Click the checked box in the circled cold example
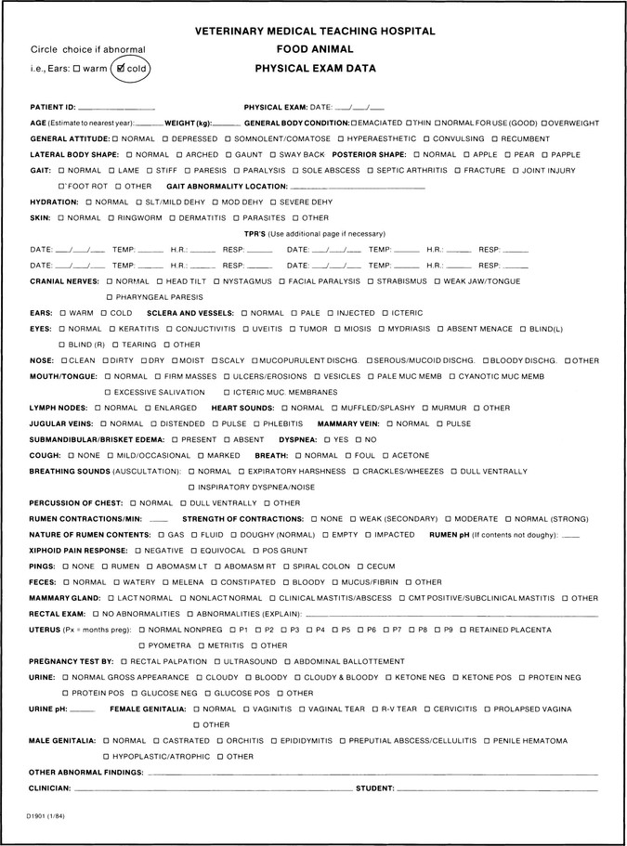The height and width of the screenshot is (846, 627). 121,67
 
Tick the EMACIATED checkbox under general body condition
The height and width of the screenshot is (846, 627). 356,123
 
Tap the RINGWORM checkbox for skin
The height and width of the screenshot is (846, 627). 111,217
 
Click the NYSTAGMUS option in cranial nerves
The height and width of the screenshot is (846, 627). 216,280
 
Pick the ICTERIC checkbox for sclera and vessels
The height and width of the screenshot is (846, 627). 385,313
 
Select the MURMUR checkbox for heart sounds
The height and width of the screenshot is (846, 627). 425,408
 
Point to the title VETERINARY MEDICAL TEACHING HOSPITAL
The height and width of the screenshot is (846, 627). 315,31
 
